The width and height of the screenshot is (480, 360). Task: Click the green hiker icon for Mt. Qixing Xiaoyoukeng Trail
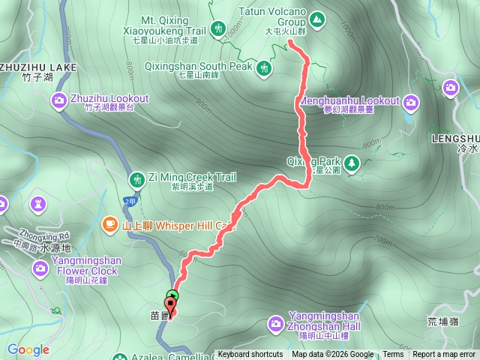pos(218,29)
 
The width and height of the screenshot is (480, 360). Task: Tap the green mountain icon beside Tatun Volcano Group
pos(317,18)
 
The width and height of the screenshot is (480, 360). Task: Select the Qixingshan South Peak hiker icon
pos(264,69)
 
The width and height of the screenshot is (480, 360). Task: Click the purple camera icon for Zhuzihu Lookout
pos(59,101)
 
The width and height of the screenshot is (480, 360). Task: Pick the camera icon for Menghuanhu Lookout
pos(411,101)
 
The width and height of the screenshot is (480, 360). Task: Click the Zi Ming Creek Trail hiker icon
pos(137,179)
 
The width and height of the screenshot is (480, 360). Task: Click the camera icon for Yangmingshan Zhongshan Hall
pos(275,323)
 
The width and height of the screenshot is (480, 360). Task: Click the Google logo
pos(28,349)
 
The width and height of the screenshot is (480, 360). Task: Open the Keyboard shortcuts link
pos(250,355)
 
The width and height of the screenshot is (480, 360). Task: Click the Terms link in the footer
pos(392,355)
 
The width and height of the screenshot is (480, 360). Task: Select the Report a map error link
pos(444,355)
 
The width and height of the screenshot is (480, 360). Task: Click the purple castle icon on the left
pos(38,204)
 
